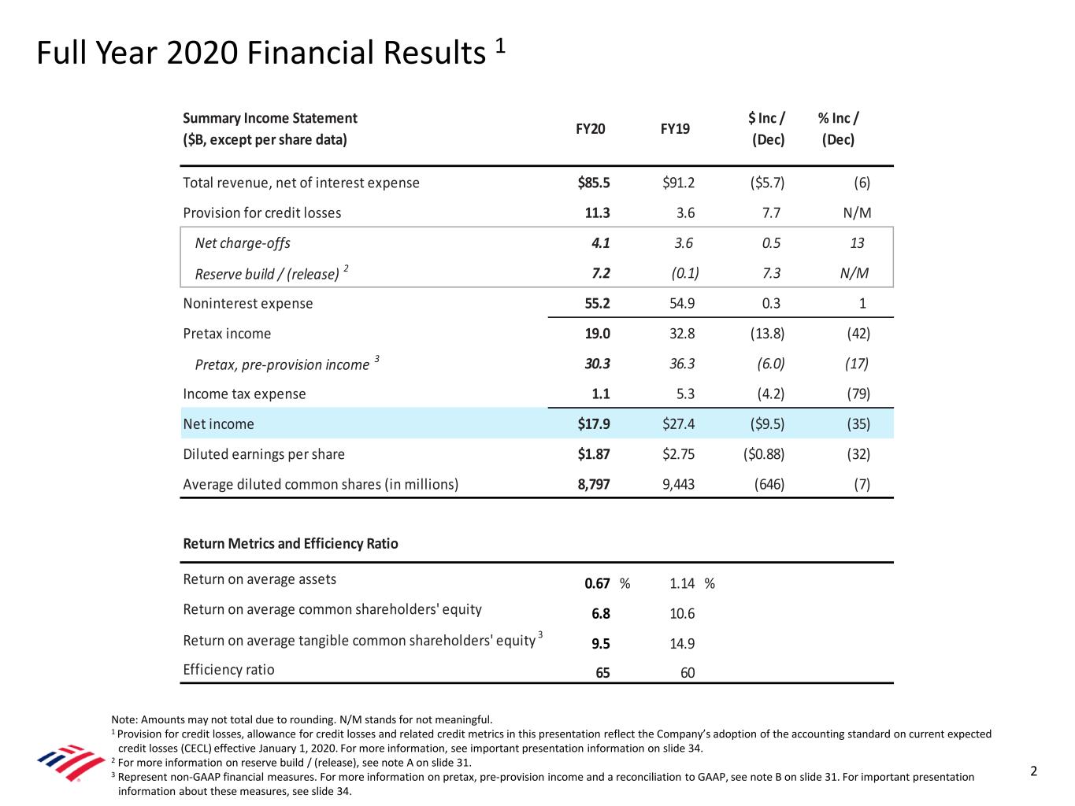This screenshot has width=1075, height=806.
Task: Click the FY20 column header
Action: tap(591, 129)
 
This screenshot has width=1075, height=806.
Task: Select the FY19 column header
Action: tap(675, 129)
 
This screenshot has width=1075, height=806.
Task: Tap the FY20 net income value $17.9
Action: tap(594, 424)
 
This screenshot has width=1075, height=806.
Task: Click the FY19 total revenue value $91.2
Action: tap(679, 183)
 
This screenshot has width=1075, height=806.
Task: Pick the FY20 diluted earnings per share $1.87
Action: tap(594, 454)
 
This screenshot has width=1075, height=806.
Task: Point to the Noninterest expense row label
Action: tap(247, 304)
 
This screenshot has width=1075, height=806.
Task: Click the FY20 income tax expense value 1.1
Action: tap(601, 394)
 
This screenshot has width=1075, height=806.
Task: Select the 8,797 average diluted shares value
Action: tap(594, 484)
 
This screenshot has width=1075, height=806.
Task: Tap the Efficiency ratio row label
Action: tap(228, 670)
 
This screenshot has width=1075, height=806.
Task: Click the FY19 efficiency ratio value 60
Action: tap(688, 673)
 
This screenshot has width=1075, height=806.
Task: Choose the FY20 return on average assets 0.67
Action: tap(597, 583)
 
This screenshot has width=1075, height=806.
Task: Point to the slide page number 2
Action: tap(1034, 771)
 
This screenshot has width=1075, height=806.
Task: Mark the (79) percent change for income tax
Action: tap(858, 394)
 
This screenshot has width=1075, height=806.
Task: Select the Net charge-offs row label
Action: tap(243, 243)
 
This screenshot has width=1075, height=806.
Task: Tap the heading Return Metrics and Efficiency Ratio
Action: tap(290, 544)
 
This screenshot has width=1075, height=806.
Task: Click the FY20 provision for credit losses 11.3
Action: tap(597, 213)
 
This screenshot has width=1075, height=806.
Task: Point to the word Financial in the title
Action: tap(310, 54)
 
